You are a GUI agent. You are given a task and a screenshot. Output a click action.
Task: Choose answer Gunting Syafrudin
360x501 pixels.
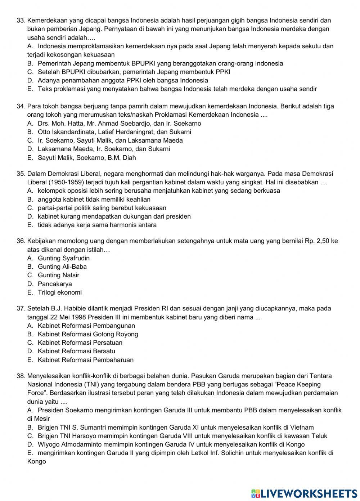click(63, 258)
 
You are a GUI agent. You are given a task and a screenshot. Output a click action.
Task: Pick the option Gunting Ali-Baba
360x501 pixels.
click(62, 267)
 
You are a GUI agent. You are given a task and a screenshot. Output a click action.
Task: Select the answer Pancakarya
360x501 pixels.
click(55, 284)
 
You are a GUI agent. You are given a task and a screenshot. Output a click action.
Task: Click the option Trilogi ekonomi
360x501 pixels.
click(59, 292)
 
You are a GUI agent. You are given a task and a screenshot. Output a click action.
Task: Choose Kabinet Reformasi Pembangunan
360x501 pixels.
click(86, 326)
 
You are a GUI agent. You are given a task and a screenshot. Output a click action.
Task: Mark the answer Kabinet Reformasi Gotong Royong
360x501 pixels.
click(87, 334)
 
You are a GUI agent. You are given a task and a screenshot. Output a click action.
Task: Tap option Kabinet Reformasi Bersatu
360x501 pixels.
click(76, 351)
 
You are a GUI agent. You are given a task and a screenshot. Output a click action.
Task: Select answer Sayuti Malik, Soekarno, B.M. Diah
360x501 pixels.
click(86, 158)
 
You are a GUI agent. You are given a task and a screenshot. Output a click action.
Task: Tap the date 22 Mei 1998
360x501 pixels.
click(68, 317)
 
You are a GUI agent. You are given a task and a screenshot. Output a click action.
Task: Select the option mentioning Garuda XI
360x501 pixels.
click(175, 428)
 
